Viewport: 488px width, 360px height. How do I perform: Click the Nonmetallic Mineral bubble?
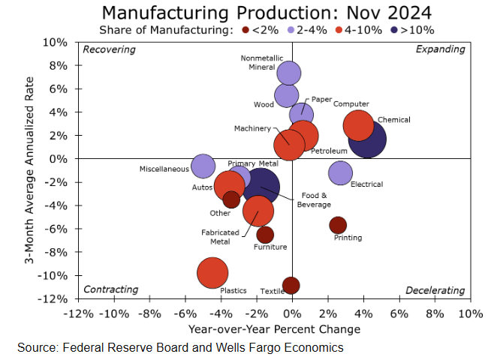(288, 73)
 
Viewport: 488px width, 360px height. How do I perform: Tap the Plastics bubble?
(213, 272)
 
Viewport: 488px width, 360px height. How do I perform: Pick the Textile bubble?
(291, 285)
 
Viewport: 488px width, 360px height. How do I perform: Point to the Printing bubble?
(338, 225)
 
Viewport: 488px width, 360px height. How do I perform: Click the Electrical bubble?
(340, 172)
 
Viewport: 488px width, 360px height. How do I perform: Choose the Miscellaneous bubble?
(202, 166)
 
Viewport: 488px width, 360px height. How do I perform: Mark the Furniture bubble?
(264, 235)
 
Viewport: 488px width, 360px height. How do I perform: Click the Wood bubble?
(286, 95)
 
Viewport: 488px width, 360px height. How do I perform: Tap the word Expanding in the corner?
(440, 49)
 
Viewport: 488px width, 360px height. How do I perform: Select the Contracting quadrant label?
(110, 289)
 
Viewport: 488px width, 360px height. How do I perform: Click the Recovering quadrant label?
(109, 49)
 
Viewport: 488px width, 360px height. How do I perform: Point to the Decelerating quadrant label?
(435, 290)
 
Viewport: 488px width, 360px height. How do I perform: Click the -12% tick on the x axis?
(78, 312)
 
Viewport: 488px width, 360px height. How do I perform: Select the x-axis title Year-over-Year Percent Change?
(274, 328)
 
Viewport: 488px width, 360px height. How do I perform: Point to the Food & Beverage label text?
(314, 199)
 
